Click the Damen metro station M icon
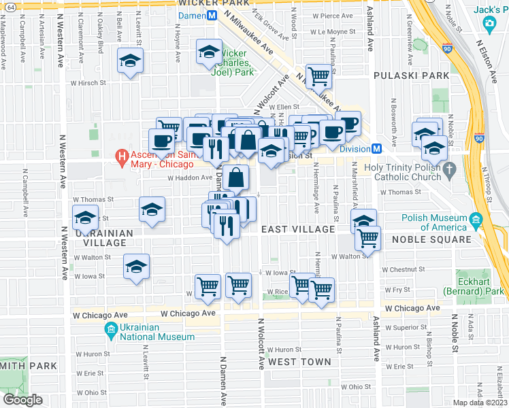(212, 15)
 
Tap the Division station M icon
(375, 149)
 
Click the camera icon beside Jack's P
(489, 24)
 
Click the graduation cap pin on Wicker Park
(209, 52)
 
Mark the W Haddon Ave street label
(191, 177)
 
